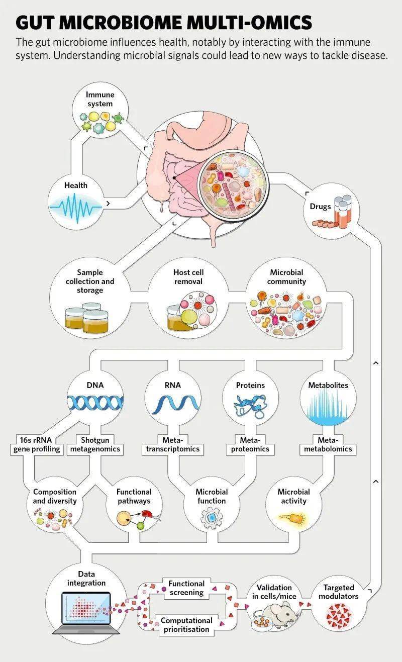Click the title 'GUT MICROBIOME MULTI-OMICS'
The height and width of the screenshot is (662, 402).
164,23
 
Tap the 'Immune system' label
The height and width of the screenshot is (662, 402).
99,99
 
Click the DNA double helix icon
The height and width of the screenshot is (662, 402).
95,402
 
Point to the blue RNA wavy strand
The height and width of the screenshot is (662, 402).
172,403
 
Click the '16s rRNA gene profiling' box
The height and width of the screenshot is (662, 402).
36,444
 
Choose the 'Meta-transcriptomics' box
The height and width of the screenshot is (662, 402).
172,444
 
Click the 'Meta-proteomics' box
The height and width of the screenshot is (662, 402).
250,444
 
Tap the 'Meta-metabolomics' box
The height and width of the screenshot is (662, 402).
328,444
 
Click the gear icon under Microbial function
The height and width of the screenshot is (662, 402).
211,518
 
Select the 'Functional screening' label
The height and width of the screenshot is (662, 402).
186,588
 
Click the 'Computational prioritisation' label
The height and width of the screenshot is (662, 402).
186,625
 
